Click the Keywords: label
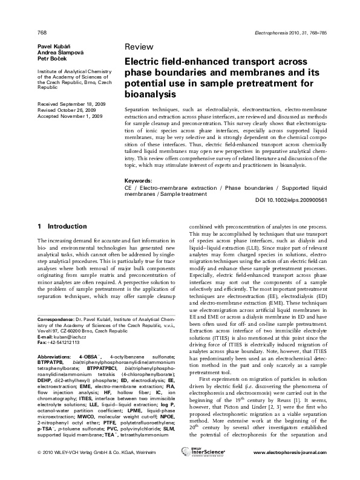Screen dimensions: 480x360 (x=139, y=181)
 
